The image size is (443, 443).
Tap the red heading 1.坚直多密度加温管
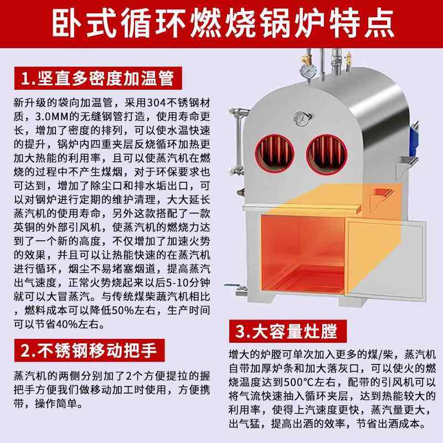(95, 79)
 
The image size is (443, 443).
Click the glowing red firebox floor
(293, 288)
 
